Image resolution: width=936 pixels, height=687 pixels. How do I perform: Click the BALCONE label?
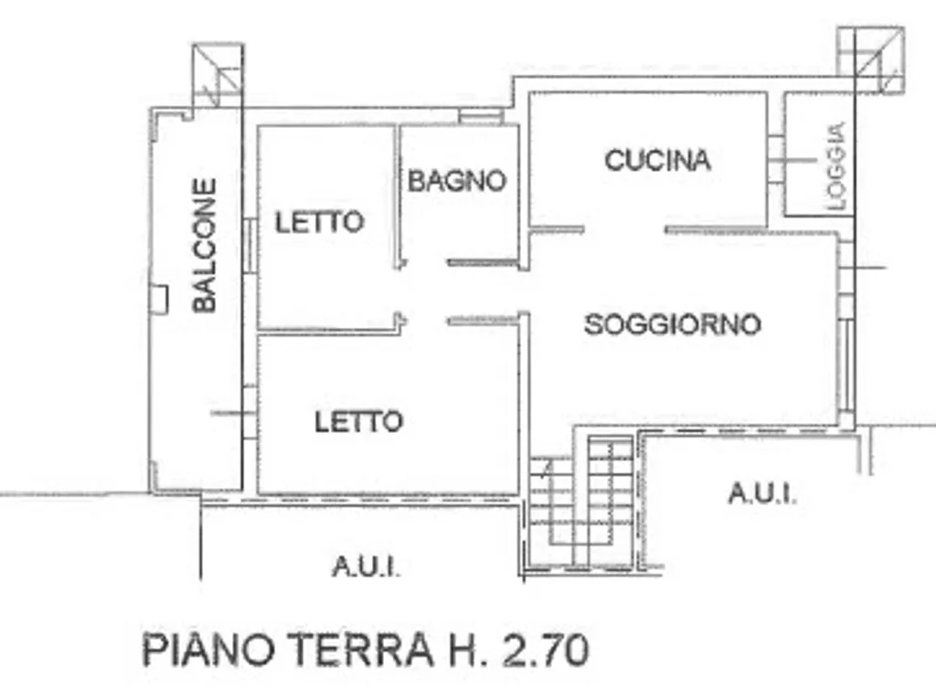point(204,246)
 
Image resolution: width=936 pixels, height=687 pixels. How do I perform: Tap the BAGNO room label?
point(457,181)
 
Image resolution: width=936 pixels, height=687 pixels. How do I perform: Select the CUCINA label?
point(658,161)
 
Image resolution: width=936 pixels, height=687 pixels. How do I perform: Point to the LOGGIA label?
point(837,165)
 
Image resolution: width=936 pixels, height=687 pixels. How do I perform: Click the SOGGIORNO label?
point(673,325)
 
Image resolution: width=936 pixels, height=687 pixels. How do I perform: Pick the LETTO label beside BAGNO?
point(319,222)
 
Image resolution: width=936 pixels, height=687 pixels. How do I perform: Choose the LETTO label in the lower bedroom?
point(358,422)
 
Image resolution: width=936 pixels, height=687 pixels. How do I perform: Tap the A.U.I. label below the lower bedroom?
point(366,566)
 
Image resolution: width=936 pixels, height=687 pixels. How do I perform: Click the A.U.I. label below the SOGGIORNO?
point(762,493)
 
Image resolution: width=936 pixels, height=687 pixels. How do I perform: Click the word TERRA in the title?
point(362,650)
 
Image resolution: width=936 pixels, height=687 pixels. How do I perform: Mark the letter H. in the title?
point(467,650)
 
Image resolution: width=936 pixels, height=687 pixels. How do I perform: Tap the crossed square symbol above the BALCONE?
point(218,75)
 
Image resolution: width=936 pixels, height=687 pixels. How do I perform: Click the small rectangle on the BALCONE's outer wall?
point(159,299)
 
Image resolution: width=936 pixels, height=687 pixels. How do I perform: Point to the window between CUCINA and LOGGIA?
point(775,160)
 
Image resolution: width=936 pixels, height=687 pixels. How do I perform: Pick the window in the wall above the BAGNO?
point(481,116)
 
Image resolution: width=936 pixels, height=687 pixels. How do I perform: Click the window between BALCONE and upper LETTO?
point(250,247)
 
